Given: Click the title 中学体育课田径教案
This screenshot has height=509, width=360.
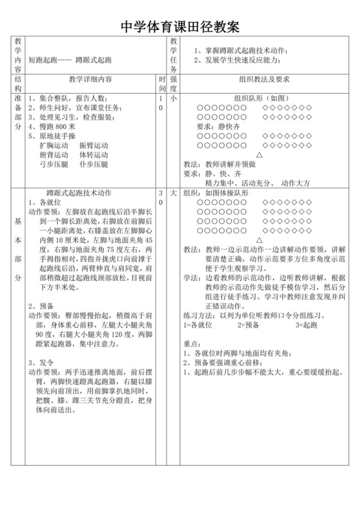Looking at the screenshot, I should [181, 26].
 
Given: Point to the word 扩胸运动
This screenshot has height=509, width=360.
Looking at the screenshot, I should [53, 146].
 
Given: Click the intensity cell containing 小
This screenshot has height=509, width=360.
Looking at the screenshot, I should [173, 99].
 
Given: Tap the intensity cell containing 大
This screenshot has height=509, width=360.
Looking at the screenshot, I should [173, 193].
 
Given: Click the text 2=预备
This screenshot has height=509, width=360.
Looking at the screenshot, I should [248, 326].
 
